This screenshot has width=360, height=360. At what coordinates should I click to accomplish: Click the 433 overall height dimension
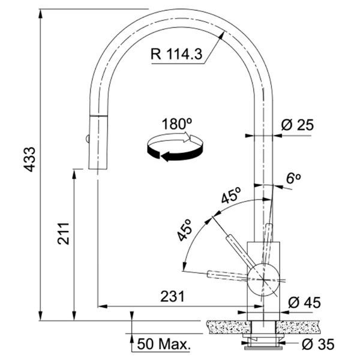(30, 160)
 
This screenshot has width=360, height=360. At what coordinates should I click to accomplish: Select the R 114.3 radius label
(176, 54)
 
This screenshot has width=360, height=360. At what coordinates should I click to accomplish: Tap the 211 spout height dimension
(64, 233)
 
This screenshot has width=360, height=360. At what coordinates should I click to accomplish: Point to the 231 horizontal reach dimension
(172, 296)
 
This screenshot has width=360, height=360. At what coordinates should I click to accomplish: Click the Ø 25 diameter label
(297, 125)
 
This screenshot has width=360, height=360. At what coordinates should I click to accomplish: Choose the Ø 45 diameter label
(304, 302)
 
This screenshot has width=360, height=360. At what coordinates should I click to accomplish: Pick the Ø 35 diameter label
(318, 344)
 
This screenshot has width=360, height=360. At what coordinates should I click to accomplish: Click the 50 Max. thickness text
(164, 344)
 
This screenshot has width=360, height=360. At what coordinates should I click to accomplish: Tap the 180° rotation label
(177, 124)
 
